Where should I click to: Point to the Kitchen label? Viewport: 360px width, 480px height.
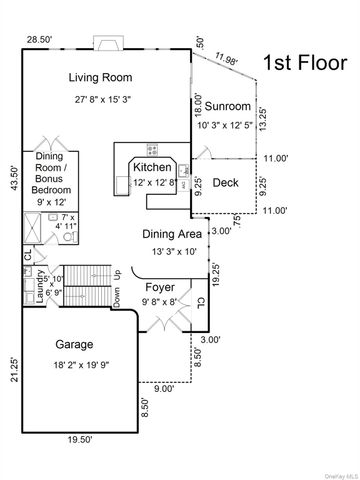152,166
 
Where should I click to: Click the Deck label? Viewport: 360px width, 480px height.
226,182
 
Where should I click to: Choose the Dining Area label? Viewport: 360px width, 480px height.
172,234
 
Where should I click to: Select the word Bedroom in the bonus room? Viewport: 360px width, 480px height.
56,189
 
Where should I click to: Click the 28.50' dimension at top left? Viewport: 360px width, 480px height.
39,39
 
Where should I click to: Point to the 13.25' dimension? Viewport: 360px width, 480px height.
263,119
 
